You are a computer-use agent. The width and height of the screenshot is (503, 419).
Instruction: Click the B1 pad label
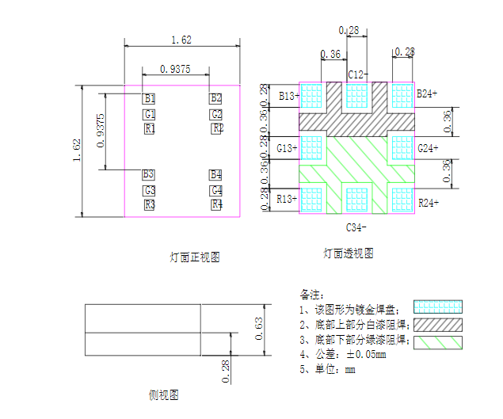pyautogui.click(x=149, y=98)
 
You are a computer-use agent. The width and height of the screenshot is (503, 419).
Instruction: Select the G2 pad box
pyautogui.click(x=216, y=115)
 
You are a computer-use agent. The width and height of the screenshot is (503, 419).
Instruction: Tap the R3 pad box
pyautogui.click(x=149, y=205)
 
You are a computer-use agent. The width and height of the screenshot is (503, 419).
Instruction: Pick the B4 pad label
pyautogui.click(x=216, y=174)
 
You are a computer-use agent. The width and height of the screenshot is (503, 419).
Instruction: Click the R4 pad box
pyautogui.click(x=216, y=205)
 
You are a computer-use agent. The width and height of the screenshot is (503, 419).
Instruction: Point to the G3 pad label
pyautogui.click(x=149, y=190)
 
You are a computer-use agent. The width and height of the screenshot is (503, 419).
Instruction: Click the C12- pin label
pyautogui.click(x=357, y=74)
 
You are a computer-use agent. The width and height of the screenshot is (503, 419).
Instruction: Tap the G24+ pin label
pyautogui.click(x=429, y=148)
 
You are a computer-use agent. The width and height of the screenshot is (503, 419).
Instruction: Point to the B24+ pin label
pyautogui.click(x=429, y=93)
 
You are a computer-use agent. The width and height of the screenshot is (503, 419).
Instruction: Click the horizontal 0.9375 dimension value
pyautogui.click(x=174, y=69)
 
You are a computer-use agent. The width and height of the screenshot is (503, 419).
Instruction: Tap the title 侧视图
pyautogui.click(x=163, y=394)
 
